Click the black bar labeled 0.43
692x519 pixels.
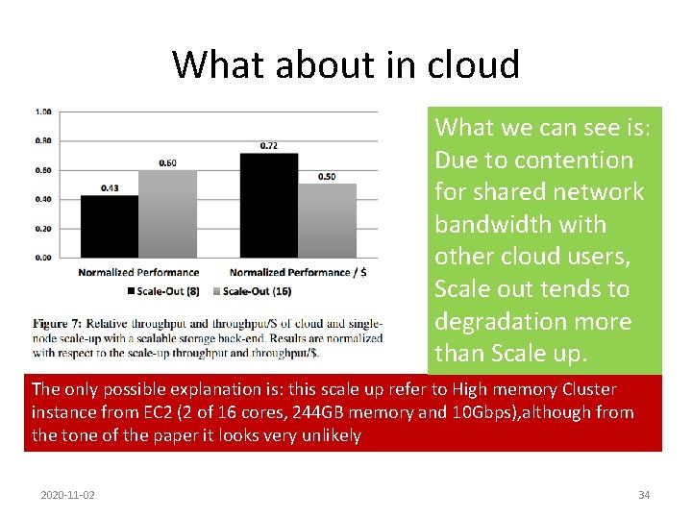coord(109,226)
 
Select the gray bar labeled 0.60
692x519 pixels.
coord(167,213)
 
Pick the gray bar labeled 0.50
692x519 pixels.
coord(327,220)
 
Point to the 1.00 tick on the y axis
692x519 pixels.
coord(44,111)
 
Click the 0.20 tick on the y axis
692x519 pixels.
coord(44,229)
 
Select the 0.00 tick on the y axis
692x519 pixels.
coord(44,258)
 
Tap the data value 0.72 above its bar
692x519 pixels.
coord(269,146)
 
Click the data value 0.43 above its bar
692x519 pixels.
coord(109,188)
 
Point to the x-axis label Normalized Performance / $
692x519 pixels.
coord(298,272)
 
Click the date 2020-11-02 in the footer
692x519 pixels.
coord(68,495)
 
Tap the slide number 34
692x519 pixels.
coord(644,495)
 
